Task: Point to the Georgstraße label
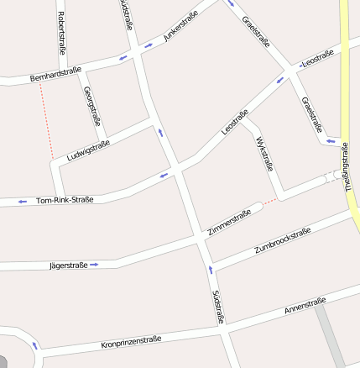(92, 107)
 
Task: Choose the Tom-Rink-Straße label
(65, 200)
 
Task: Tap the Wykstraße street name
(264, 153)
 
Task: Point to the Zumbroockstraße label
(282, 241)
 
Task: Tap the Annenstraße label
(305, 306)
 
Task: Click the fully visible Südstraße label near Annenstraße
(217, 307)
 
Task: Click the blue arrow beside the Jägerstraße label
(94, 265)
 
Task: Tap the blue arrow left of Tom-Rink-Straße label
(22, 202)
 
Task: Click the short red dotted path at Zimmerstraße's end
(269, 202)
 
